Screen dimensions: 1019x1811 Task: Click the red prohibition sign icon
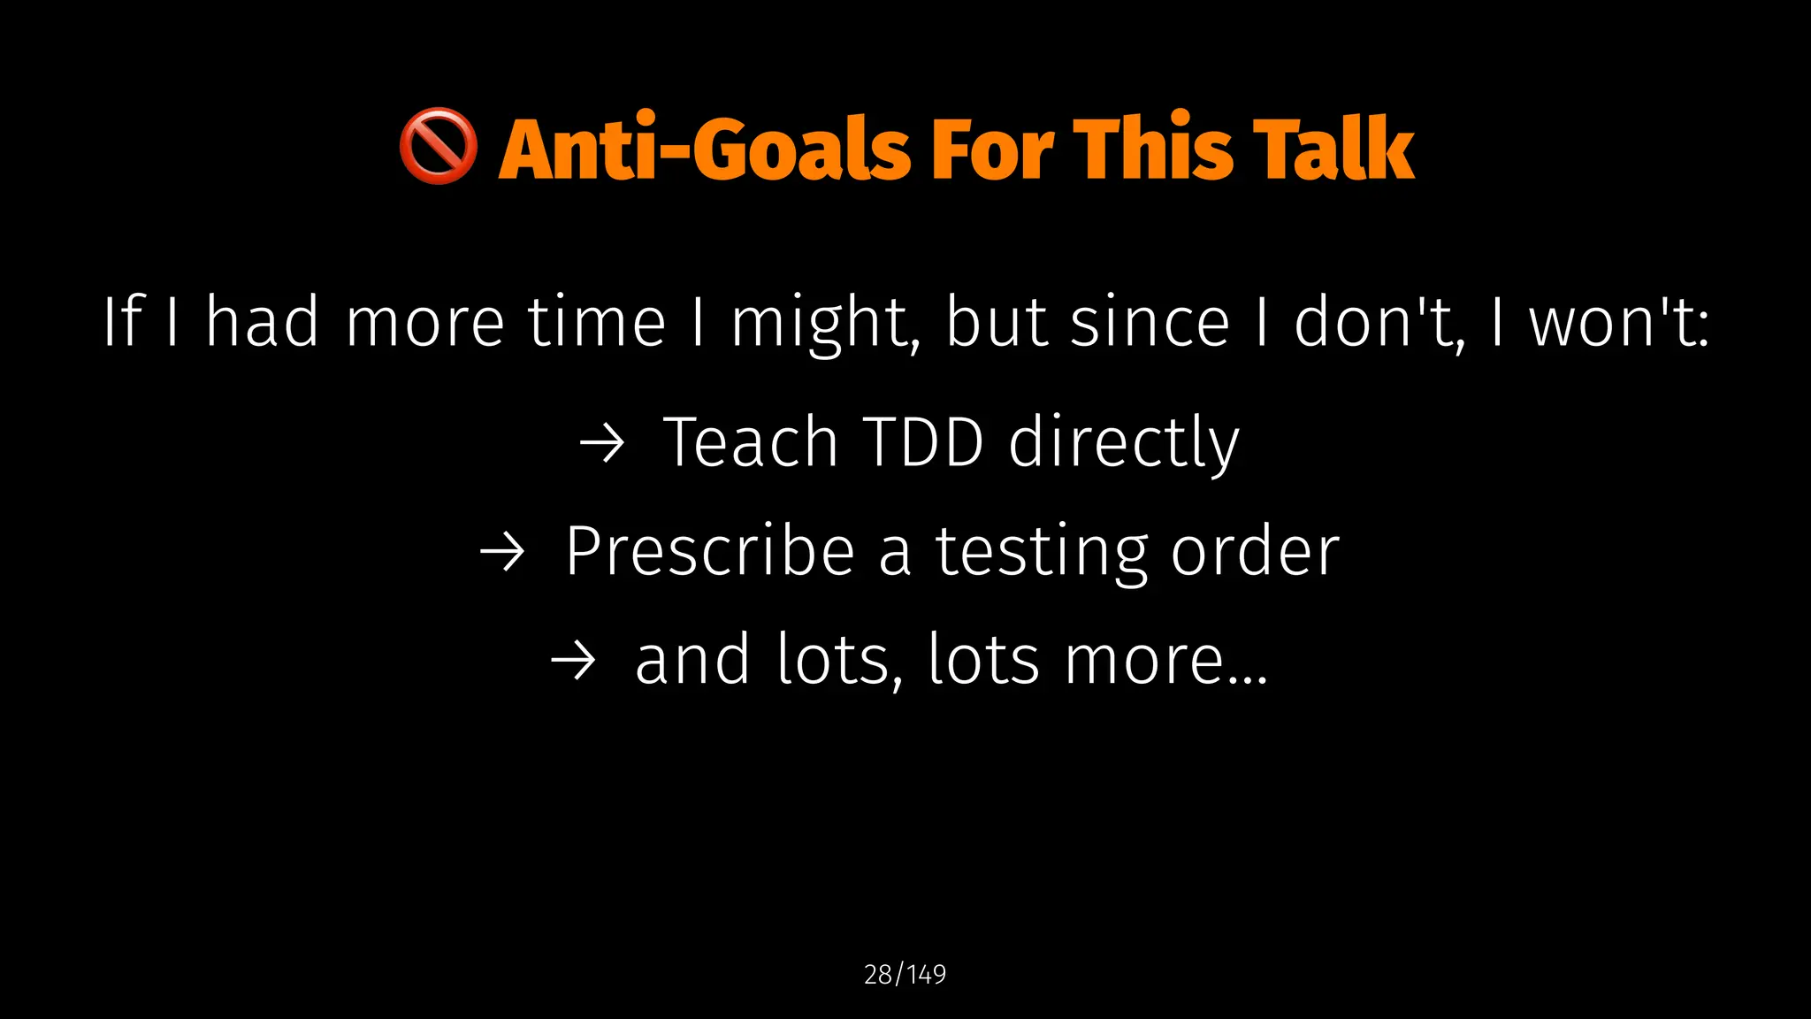pos(438,148)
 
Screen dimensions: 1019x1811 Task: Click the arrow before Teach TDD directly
pos(602,442)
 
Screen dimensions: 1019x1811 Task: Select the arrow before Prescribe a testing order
pos(502,552)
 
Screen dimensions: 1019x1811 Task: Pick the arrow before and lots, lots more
pos(573,661)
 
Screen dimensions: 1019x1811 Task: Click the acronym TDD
pos(922,442)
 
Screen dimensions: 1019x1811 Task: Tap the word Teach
pos(751,442)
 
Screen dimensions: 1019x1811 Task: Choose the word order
pos(1255,552)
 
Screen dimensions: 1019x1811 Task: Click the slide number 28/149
pos(905,974)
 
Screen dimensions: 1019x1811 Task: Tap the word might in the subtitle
pos(825,323)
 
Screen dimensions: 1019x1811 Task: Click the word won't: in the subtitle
pos(1619,323)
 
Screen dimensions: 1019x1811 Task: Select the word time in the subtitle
pos(596,321)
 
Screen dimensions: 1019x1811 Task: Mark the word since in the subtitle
pos(1150,321)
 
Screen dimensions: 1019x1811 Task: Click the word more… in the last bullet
pos(1165,661)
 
